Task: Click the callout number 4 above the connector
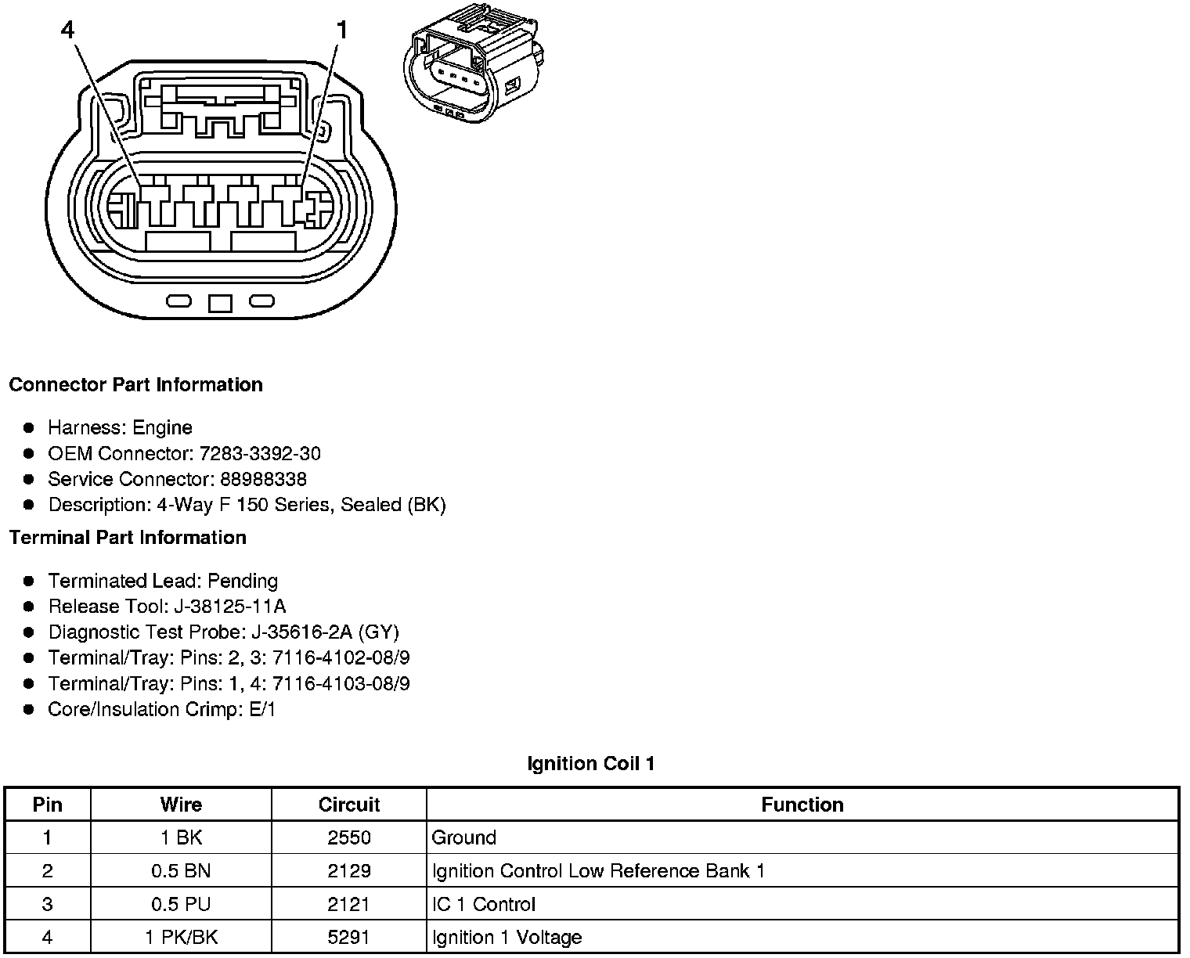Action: (68, 31)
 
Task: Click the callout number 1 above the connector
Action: (341, 31)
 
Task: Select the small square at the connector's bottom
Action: (221, 303)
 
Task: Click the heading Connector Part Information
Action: (135, 385)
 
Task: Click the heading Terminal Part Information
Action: (128, 538)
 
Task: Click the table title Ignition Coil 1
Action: (591, 764)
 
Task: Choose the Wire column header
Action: (181, 805)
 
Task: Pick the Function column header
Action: (802, 805)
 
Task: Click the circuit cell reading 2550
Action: (349, 838)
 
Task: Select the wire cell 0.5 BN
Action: (181, 871)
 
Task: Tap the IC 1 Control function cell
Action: (483, 905)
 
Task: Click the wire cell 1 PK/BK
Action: (181, 938)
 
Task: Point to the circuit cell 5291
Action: (349, 938)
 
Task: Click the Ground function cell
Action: (464, 838)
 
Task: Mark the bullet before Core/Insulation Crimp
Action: (29, 710)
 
